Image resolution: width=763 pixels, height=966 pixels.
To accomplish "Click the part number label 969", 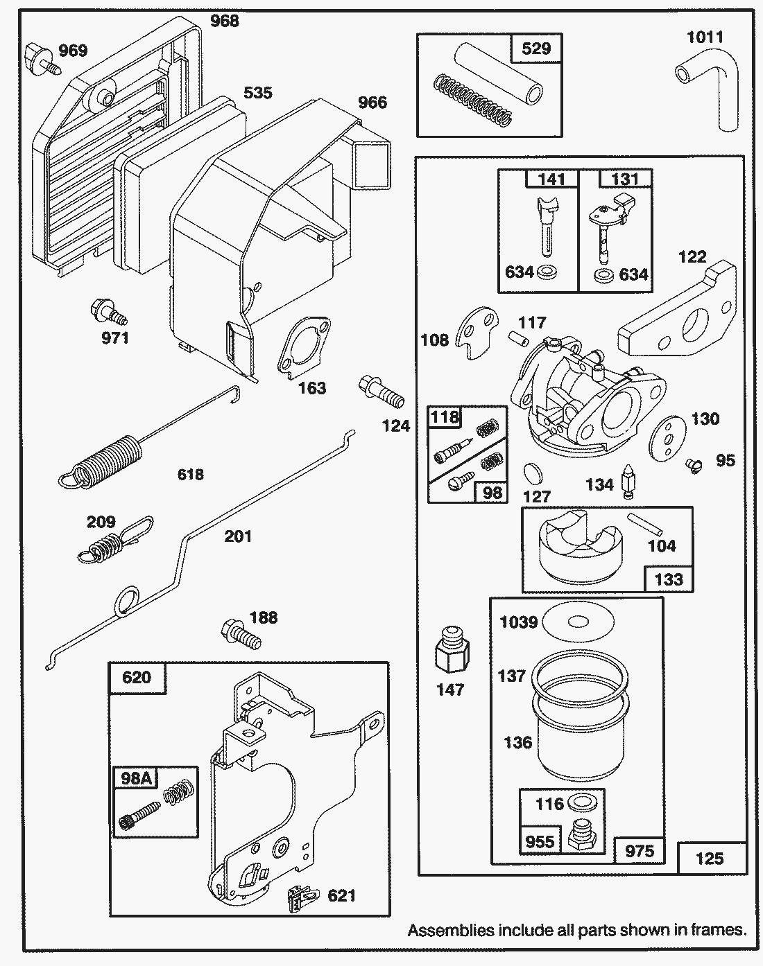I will [x=73, y=51].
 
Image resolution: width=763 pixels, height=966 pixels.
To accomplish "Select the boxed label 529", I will [x=535, y=48].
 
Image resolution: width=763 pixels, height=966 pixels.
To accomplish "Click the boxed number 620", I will [x=137, y=677].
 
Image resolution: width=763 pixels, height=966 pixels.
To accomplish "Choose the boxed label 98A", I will [x=135, y=778].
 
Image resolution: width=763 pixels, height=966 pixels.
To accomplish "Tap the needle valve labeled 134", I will [x=628, y=480].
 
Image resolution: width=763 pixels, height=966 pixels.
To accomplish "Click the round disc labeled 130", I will [x=666, y=437].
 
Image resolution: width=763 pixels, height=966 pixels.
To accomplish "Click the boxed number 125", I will [x=710, y=859].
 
